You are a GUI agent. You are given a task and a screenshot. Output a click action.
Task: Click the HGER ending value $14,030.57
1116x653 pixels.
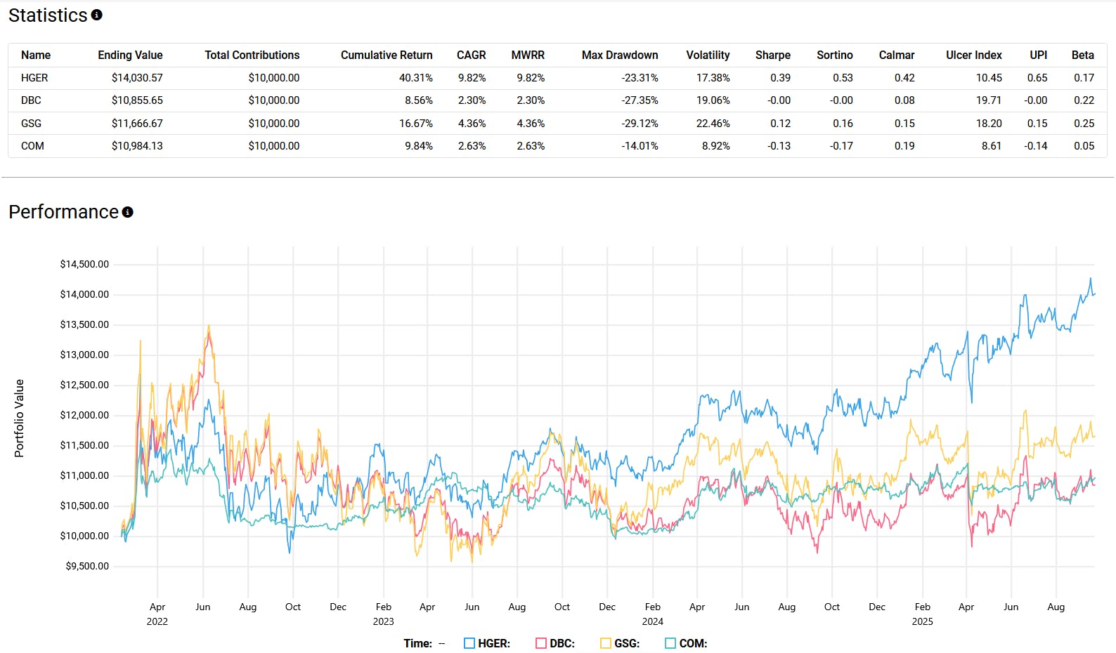[137, 78]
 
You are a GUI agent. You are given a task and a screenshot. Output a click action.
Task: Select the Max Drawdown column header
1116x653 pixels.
[620, 55]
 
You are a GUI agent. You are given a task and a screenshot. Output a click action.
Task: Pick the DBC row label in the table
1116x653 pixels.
[31, 100]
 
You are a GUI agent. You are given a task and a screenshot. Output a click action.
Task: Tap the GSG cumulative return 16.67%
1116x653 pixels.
[415, 124]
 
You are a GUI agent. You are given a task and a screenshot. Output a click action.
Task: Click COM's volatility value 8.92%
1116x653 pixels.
[715, 146]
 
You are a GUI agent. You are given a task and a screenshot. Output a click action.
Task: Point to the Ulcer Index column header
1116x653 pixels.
[973, 55]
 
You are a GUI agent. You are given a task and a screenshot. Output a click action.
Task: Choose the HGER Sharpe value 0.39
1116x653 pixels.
[780, 78]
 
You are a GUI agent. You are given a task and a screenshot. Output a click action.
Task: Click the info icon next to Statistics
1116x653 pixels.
[97, 15]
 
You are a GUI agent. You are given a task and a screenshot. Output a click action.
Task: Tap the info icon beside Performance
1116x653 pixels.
[127, 212]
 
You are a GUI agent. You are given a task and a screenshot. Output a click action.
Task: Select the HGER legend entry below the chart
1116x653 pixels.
[487, 643]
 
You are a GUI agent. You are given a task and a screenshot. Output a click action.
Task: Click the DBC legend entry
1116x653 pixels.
[555, 643]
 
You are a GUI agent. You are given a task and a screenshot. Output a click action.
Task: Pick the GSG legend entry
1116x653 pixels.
[620, 643]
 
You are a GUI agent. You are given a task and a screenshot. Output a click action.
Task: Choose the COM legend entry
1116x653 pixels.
[686, 643]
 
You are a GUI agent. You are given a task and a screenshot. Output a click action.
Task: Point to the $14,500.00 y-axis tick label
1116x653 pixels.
[84, 265]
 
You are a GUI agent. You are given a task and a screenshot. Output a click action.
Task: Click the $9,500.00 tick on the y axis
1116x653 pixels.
[87, 567]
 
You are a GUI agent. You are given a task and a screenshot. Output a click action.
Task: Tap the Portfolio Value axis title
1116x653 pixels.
[20, 418]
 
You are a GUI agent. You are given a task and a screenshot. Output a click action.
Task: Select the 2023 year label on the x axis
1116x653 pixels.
[383, 621]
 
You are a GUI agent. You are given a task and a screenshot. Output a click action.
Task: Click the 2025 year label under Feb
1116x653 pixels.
[922, 621]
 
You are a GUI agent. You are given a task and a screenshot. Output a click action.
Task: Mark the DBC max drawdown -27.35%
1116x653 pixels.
[640, 100]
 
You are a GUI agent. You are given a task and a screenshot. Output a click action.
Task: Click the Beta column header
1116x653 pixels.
[1082, 55]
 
